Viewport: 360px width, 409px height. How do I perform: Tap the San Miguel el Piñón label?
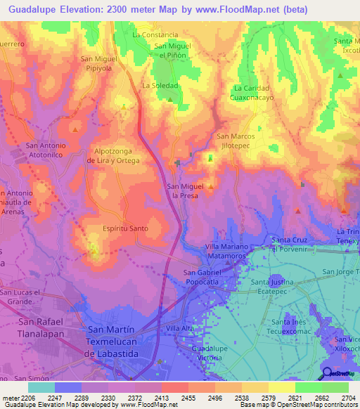[x=172, y=51]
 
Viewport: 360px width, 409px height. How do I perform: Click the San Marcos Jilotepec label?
[x=236, y=140]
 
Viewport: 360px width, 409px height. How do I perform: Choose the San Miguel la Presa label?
[x=184, y=190]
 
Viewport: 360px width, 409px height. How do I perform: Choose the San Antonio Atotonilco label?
[x=46, y=149]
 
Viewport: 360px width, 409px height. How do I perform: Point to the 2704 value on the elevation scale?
[x=348, y=397]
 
